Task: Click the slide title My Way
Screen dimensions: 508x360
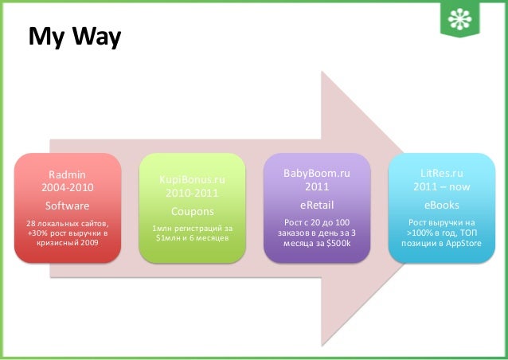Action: (75, 37)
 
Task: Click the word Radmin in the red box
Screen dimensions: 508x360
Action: (68, 174)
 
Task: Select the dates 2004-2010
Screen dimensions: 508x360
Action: (68, 188)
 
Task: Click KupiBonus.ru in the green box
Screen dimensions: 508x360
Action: (192, 180)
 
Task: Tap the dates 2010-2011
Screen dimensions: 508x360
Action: (192, 194)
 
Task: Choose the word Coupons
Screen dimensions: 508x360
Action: (192, 212)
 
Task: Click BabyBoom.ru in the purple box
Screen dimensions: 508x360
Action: (318, 173)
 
